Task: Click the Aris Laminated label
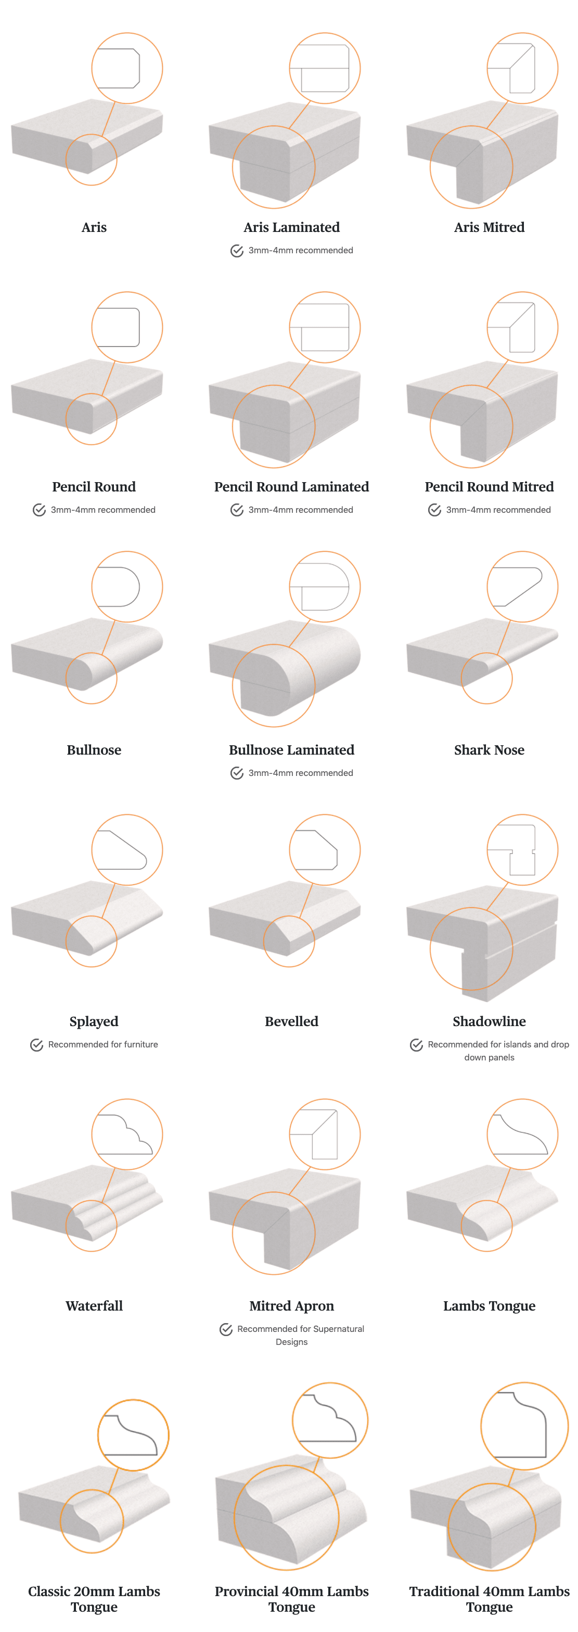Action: [291, 227]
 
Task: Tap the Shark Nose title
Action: [489, 750]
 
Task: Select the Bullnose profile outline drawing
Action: [119, 587]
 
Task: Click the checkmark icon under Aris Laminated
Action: [236, 251]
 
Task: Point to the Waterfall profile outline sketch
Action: [125, 1134]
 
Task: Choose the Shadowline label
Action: [489, 1021]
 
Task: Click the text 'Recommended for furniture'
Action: [102, 1045]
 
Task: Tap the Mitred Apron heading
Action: [291, 1306]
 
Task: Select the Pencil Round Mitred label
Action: [489, 487]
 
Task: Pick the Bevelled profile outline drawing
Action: [317, 850]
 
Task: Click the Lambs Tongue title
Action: [489, 1306]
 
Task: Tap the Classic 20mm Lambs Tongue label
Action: [94, 1598]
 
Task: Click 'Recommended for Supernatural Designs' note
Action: [300, 1335]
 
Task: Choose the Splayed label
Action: [94, 1021]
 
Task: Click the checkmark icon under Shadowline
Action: [416, 1045]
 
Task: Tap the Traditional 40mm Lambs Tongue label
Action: [489, 1598]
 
